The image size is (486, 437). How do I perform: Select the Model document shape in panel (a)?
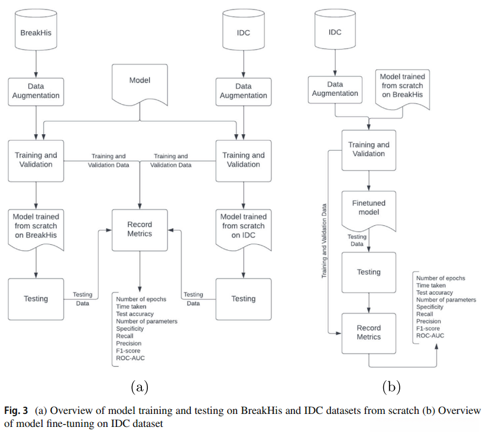140,83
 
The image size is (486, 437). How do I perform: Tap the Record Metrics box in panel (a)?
140,229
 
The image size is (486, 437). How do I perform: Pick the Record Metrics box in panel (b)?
369,332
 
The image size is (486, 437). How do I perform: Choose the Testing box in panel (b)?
369,272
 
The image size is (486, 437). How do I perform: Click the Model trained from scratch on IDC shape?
243,226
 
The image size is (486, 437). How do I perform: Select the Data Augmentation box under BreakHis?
36,90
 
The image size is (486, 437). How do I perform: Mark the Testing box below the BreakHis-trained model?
36,299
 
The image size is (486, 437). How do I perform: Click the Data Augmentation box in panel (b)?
335,89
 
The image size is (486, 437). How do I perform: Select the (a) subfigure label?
139,387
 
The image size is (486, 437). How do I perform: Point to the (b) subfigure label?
391,387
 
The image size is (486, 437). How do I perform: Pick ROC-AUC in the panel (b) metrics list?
430,335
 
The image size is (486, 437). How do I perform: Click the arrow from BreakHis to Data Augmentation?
36,62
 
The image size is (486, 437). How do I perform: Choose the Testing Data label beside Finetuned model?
357,240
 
